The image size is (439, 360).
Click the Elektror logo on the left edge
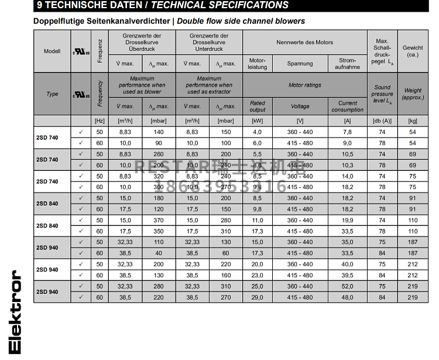coord(15,312)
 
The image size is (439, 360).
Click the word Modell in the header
coord(52,52)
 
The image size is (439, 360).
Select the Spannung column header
coord(300,63)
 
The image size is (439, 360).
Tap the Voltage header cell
coord(300,107)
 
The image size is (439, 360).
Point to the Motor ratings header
coord(304,85)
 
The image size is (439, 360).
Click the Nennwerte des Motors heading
coord(304,43)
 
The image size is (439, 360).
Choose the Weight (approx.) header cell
coord(413,94)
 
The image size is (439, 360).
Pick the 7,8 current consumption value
coord(347,132)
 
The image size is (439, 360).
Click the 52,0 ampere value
coord(347,286)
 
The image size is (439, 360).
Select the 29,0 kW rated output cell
coord(257,297)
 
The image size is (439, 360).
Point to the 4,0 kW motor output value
coord(257,132)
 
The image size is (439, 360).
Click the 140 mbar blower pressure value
coord(159,132)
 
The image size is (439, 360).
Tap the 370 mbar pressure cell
coord(159,220)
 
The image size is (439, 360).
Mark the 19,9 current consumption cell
coord(347,220)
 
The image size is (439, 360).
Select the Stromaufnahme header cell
coord(347,63)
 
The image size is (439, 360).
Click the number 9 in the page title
coord(39,5)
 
